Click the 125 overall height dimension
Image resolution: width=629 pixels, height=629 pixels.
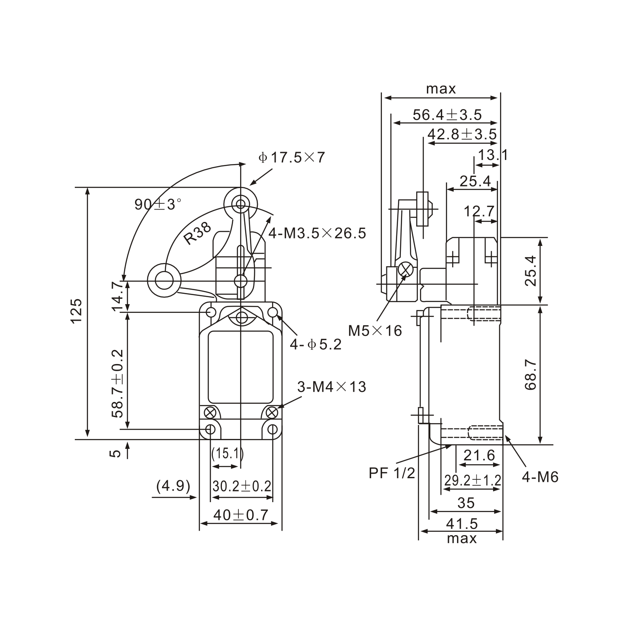[x=77, y=311]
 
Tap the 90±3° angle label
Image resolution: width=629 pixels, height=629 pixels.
[x=158, y=204]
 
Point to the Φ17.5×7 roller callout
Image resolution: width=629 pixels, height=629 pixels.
[x=292, y=157]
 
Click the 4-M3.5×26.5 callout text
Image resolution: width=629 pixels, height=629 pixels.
[x=317, y=233]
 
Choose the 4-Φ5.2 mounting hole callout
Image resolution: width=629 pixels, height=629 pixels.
[x=316, y=344]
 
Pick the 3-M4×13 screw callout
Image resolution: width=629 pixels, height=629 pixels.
[x=331, y=387]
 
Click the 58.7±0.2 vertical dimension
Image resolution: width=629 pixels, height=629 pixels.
[x=118, y=383]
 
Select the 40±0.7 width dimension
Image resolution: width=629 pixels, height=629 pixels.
[x=241, y=515]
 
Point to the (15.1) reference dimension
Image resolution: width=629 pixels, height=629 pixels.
[x=227, y=454]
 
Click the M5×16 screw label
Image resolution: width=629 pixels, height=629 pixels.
[x=375, y=331]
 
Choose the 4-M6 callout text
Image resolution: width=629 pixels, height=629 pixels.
[x=540, y=477]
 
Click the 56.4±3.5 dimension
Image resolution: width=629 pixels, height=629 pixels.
[x=447, y=115]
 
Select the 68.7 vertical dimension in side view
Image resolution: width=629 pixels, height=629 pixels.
[x=531, y=374]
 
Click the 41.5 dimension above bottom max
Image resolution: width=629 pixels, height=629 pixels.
[x=462, y=524]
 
